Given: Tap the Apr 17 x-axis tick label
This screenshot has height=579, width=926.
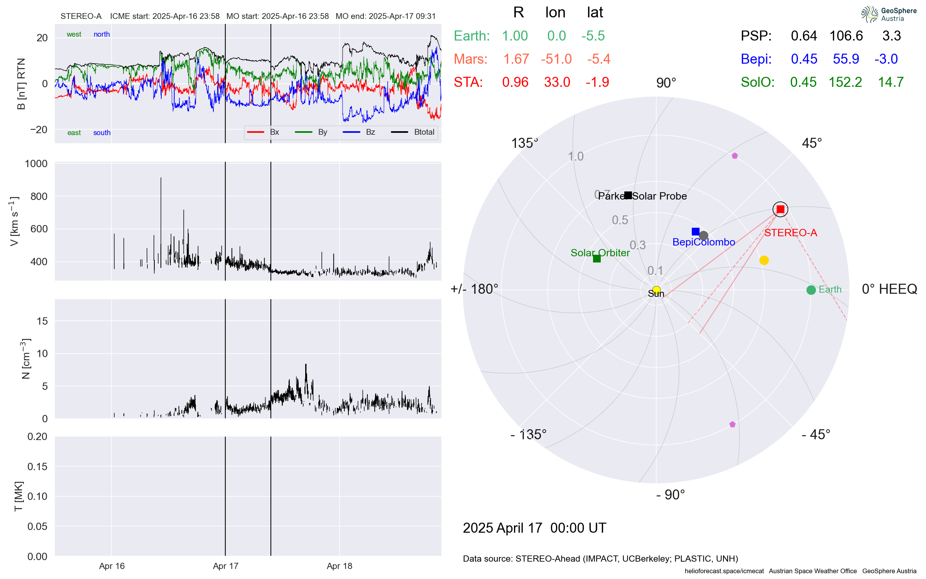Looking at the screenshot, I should pos(226,566).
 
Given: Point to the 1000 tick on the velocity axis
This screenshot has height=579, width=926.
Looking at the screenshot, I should pos(36,164).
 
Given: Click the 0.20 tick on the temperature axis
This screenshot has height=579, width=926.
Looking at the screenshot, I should pos(37,437).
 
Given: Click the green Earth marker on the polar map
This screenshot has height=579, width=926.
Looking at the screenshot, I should pos(811,290).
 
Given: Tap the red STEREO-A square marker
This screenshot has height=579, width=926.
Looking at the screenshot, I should pos(781,209).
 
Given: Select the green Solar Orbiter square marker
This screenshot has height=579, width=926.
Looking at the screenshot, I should pos(597,259).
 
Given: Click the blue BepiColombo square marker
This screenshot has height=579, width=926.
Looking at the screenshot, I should pos(696,232).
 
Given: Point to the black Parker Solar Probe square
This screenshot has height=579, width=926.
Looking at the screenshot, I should pos(628,195).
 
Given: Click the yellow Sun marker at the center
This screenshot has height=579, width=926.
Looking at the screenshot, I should pos(656,290).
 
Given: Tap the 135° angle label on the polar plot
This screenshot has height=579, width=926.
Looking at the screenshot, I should pos(524,143).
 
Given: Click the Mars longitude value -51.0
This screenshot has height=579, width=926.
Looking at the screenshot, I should pos(556,59).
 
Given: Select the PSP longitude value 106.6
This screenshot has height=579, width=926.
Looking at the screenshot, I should pos(846,36).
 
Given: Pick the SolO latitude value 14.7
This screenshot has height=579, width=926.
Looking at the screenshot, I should pos(891,82).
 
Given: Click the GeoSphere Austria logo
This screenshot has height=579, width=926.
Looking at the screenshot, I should pos(889,14).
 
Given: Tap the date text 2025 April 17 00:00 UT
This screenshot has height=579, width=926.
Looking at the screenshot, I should pos(534,528).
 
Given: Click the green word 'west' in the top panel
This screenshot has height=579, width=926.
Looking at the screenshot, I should pos(74,34).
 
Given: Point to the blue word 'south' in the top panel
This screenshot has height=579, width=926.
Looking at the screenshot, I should pos(102,133).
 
